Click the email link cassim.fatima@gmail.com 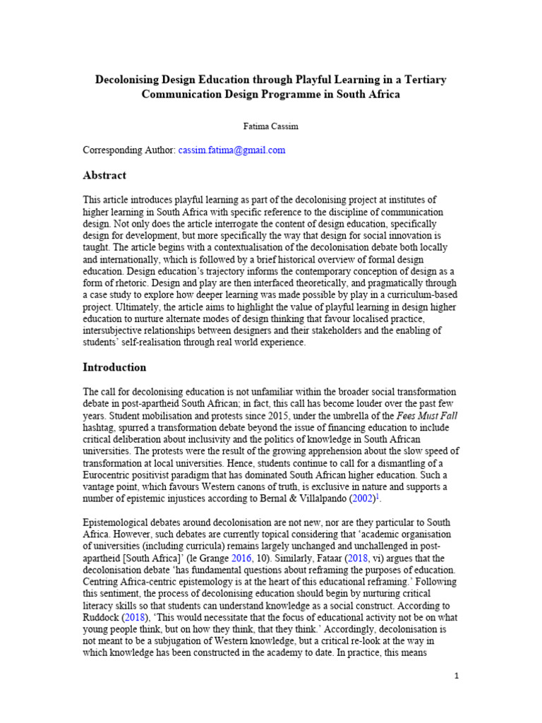point(231,150)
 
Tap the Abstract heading point(105,175)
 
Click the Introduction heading point(114,367)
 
